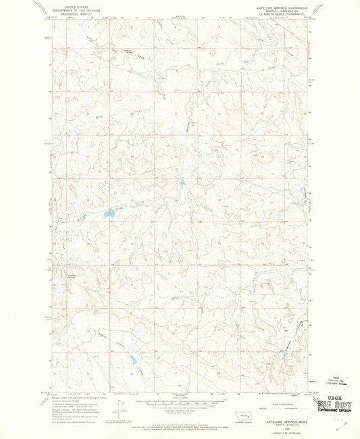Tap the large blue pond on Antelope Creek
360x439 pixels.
(x=107, y=215)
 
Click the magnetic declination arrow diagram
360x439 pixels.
(x=119, y=409)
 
